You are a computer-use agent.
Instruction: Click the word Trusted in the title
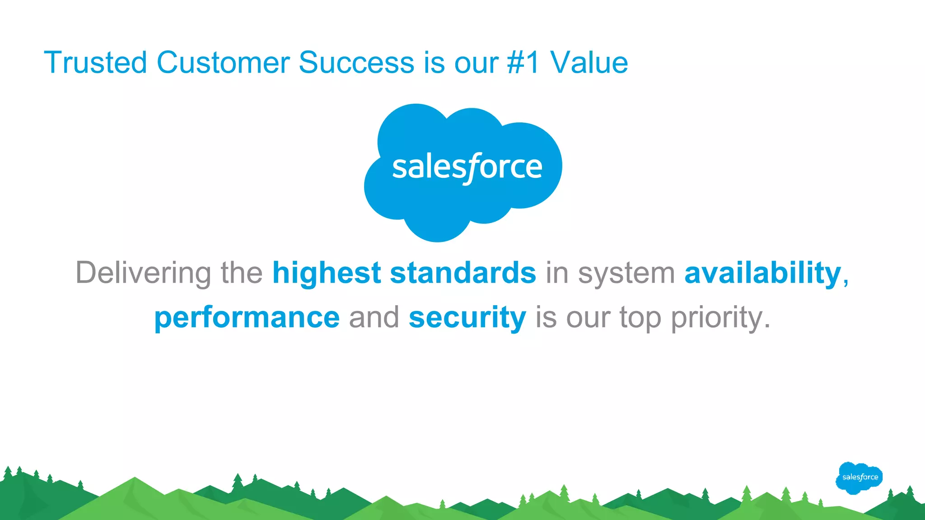click(95, 62)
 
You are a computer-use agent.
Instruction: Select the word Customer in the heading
click(223, 62)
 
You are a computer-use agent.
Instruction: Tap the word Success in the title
click(356, 62)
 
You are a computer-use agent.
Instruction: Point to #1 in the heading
click(523, 62)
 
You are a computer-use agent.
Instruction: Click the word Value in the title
click(589, 62)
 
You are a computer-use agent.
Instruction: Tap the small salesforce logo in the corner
click(860, 478)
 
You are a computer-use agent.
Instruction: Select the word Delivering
click(143, 273)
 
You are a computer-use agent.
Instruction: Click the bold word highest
click(327, 273)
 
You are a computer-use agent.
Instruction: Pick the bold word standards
click(463, 273)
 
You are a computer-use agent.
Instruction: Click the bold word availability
click(763, 273)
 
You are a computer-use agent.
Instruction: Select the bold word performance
click(247, 317)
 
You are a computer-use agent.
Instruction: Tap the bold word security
click(467, 317)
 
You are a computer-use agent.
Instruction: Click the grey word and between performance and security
click(374, 317)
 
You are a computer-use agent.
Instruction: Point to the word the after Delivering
click(241, 273)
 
